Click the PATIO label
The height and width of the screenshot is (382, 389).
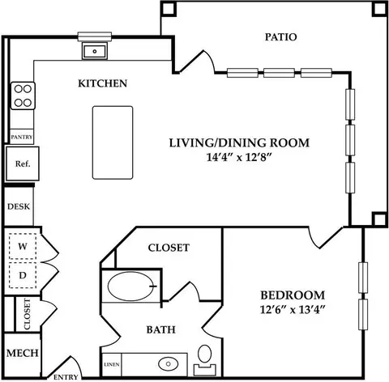(x=280, y=37)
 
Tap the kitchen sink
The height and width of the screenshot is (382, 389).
(x=95, y=51)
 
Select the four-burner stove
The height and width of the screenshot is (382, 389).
(x=23, y=95)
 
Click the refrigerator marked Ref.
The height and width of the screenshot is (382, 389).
(x=23, y=163)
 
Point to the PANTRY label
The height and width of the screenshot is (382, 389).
(x=22, y=137)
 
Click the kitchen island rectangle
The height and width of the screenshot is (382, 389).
(x=113, y=142)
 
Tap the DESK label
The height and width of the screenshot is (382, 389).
(x=19, y=206)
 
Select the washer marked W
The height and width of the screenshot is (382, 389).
(x=23, y=246)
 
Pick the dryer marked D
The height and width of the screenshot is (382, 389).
(x=23, y=275)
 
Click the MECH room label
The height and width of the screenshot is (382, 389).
(x=23, y=353)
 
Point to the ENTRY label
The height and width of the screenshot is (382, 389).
(x=66, y=377)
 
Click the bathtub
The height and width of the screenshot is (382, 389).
(x=132, y=286)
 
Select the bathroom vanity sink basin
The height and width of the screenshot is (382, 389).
(x=169, y=364)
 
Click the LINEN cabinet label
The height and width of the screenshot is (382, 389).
(x=112, y=364)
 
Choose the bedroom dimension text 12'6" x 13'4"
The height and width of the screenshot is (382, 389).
(x=293, y=309)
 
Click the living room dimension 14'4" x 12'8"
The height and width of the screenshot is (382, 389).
(x=238, y=157)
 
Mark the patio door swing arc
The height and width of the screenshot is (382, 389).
(x=210, y=61)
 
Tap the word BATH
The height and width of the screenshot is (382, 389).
(x=161, y=329)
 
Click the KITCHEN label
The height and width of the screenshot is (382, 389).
(x=103, y=83)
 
